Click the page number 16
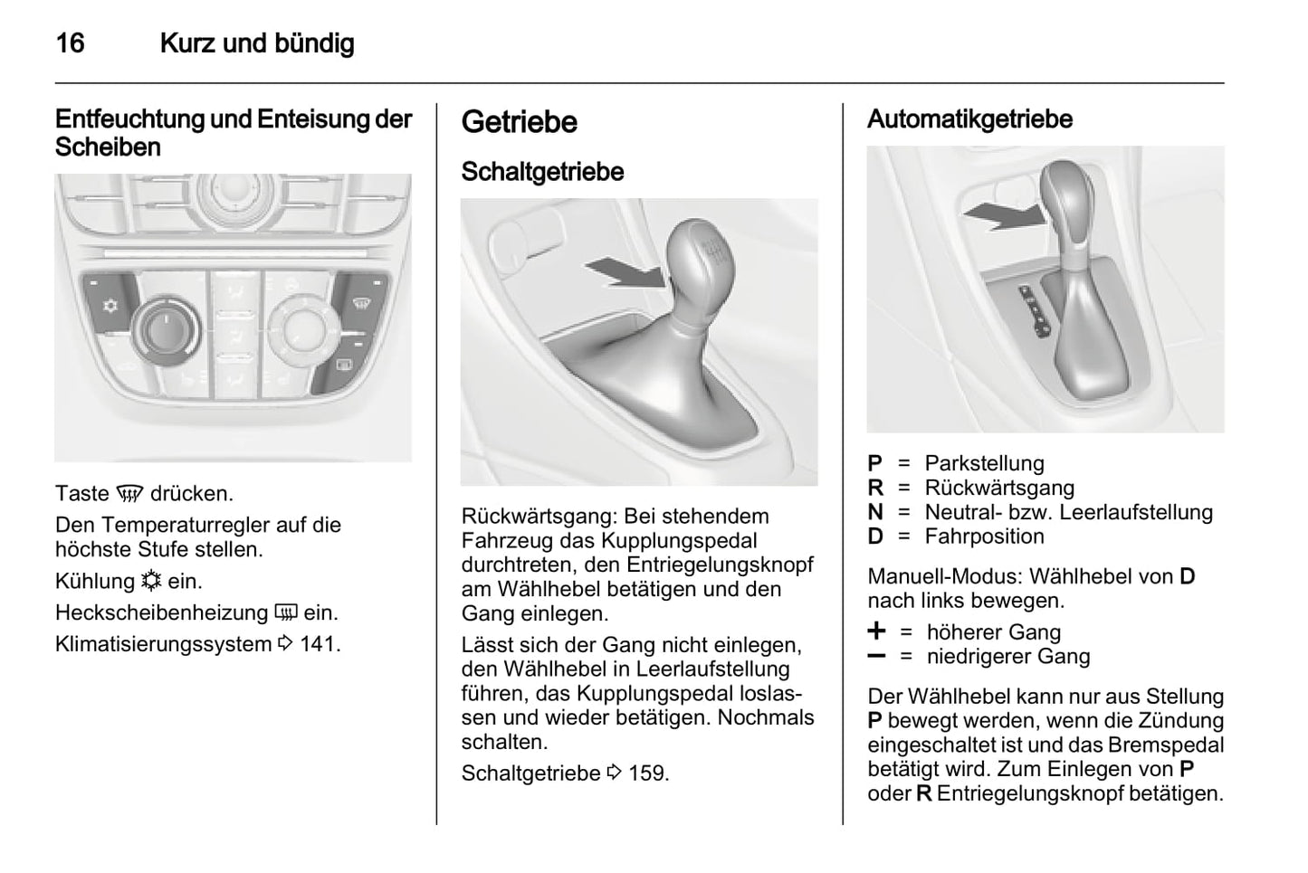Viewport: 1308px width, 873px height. [70, 43]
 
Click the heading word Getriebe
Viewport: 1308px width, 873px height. [519, 122]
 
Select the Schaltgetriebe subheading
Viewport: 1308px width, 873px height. [542, 171]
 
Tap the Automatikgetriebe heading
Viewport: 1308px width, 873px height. [969, 119]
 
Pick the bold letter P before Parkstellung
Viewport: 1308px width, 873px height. [874, 463]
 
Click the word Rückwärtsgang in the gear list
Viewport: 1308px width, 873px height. [999, 488]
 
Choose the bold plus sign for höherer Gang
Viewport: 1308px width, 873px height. [876, 631]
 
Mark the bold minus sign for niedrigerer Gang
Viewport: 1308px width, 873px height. [876, 656]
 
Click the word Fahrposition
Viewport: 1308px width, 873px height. [984, 536]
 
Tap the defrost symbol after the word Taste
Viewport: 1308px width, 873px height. [130, 494]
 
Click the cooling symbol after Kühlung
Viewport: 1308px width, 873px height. [150, 581]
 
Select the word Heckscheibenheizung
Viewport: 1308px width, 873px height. [162, 612]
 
